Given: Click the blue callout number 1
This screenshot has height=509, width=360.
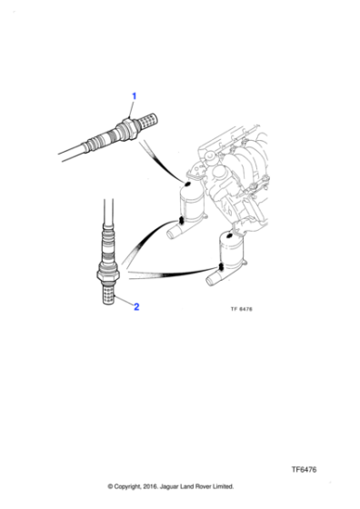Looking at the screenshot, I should [x=134, y=96].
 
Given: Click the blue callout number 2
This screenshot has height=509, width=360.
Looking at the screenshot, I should [x=136, y=306].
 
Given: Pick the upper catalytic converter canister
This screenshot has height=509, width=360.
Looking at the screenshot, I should [x=192, y=201].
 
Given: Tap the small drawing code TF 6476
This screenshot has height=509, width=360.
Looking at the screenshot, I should [x=235, y=308].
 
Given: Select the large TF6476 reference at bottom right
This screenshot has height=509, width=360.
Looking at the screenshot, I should [x=305, y=470].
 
